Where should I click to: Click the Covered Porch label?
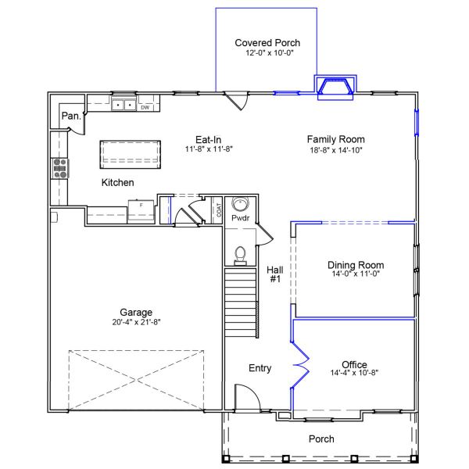(267, 43)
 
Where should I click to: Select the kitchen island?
(130, 153)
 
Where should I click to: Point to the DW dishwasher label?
(145, 107)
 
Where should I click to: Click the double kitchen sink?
(123, 105)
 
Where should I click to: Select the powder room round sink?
(240, 205)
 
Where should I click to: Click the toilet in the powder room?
(241, 254)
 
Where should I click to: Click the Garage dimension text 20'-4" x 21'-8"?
(138, 321)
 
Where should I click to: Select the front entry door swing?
(247, 400)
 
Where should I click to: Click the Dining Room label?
(356, 265)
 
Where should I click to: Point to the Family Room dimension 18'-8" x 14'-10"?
(335, 149)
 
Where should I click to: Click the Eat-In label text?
(209, 138)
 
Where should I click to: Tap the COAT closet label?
(219, 209)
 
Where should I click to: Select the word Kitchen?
(117, 182)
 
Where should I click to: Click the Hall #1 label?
(274, 274)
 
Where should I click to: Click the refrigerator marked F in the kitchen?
(141, 210)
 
